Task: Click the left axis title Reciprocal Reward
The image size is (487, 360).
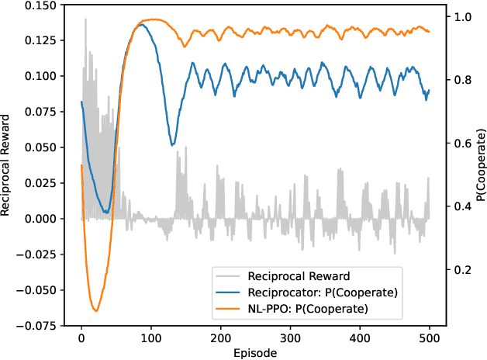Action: (8, 164)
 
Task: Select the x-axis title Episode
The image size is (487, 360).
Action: (255, 352)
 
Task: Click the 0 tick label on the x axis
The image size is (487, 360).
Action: (81, 339)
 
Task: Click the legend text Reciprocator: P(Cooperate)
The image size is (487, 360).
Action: (322, 292)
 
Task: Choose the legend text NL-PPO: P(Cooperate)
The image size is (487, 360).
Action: (308, 308)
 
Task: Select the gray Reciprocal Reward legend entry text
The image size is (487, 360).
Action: (299, 275)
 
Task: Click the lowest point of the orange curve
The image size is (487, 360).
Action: (96, 311)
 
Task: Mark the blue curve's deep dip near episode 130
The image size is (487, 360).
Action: (173, 144)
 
